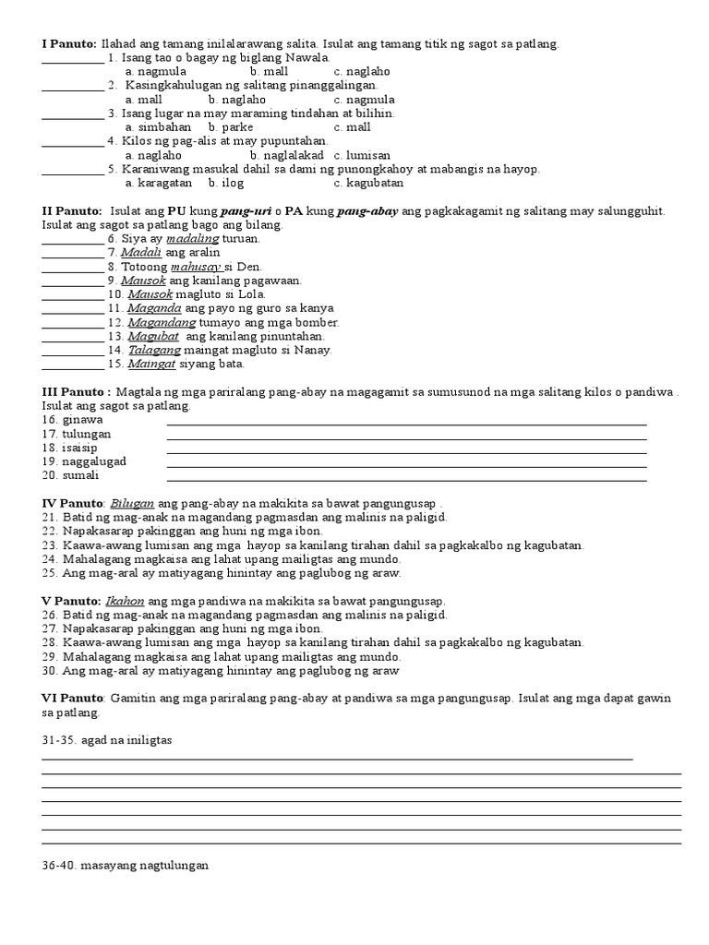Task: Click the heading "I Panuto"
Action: [69, 43]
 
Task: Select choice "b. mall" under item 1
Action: [269, 71]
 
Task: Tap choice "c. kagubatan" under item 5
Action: [369, 184]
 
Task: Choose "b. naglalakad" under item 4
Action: [286, 155]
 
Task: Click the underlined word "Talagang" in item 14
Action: [153, 350]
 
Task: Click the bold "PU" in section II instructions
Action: [204, 211]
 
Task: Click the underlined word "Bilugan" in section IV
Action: [132, 504]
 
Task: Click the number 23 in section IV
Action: [49, 545]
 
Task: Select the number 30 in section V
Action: [49, 671]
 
